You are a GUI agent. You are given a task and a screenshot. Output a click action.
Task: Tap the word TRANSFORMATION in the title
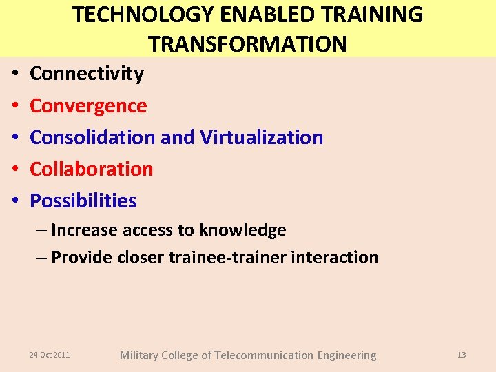(x=247, y=43)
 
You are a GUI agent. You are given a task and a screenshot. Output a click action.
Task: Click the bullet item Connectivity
(x=87, y=74)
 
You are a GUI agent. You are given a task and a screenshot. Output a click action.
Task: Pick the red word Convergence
(x=88, y=105)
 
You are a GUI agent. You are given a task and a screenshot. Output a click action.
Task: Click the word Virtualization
(x=262, y=137)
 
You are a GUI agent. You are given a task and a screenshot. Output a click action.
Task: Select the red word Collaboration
(x=92, y=169)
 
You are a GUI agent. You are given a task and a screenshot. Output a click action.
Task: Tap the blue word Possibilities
(x=83, y=200)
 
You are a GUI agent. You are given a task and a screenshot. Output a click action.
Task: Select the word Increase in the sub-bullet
(x=85, y=230)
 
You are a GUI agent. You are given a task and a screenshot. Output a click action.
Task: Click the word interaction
(x=335, y=258)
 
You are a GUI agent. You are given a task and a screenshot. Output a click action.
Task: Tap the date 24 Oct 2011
(x=49, y=355)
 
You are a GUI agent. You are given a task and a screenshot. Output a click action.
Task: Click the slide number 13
(x=462, y=355)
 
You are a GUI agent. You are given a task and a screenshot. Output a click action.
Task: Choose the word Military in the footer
(x=139, y=355)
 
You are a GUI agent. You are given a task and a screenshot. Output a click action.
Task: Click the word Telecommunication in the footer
(x=264, y=355)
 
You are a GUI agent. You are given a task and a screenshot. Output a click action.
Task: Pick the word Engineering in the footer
(x=347, y=355)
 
